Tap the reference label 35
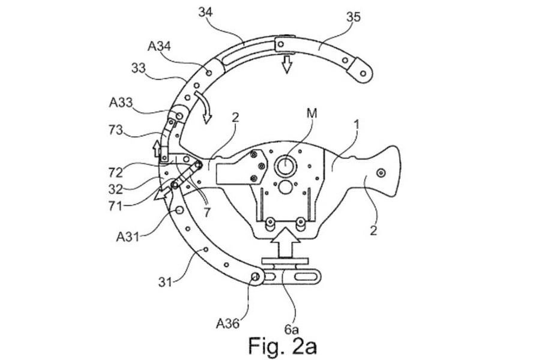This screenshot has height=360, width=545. point(353,17)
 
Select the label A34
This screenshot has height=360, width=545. point(158,46)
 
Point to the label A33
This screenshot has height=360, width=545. point(121,103)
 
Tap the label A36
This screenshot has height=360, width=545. point(227,324)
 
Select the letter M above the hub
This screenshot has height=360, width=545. point(312,113)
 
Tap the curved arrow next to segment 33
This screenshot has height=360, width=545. point(204,109)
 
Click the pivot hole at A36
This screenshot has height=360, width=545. point(255,277)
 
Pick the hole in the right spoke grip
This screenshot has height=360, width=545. point(381,173)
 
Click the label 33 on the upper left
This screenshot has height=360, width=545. point(138,68)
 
